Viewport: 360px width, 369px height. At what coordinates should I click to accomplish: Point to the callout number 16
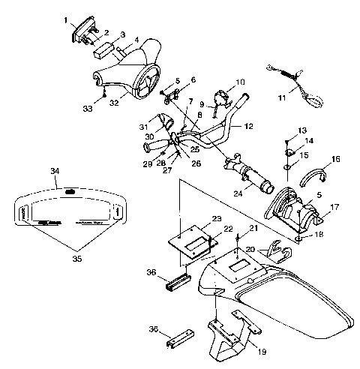click(x=335, y=159)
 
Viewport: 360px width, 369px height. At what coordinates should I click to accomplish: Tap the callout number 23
click(x=217, y=218)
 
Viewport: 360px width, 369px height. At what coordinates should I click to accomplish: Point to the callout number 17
click(x=334, y=206)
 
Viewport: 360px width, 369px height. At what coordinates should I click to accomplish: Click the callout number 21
click(x=253, y=227)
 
